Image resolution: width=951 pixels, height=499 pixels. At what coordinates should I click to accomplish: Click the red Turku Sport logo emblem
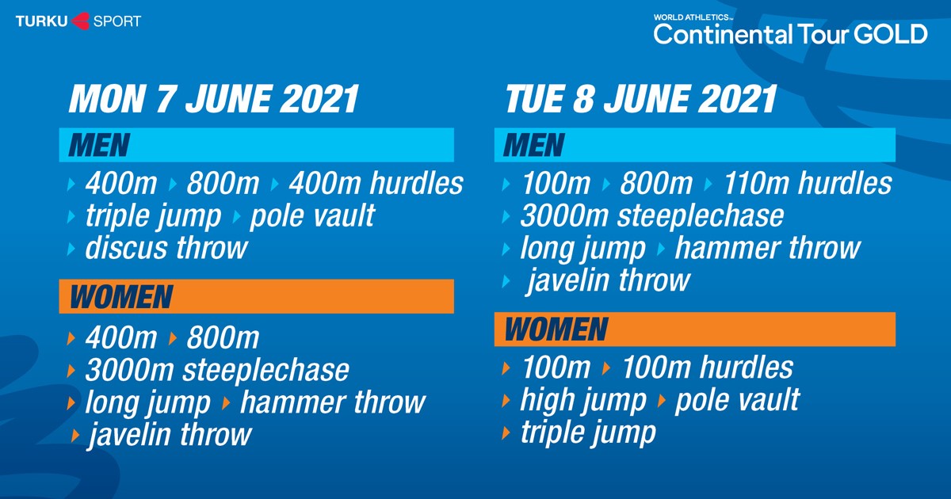click(81, 21)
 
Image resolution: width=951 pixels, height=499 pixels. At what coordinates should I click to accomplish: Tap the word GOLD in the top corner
click(890, 34)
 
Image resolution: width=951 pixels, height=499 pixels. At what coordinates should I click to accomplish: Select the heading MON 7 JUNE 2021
click(213, 99)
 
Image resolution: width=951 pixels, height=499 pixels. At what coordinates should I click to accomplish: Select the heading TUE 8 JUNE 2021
click(641, 99)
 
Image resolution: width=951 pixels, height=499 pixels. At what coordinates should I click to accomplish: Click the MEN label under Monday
click(99, 145)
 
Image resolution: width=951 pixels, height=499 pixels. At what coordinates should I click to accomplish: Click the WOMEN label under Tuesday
click(556, 329)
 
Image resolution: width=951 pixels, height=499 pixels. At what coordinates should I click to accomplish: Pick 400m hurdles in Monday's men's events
click(376, 183)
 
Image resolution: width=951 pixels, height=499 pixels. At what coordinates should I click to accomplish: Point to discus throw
click(166, 248)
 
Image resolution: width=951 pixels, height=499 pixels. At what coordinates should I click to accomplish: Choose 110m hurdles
click(808, 183)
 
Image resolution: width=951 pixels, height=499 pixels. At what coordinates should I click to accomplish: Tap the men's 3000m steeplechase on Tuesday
click(652, 216)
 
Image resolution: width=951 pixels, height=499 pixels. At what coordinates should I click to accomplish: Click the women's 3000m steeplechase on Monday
click(217, 370)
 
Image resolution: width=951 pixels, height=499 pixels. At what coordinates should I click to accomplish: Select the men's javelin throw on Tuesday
click(608, 280)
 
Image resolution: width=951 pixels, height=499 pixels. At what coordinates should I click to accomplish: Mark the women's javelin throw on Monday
click(170, 435)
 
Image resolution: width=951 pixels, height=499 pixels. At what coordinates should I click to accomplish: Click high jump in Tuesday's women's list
click(583, 400)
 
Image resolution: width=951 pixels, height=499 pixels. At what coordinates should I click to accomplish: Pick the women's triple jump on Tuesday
click(588, 432)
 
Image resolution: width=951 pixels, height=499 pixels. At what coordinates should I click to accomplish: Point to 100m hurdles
click(708, 368)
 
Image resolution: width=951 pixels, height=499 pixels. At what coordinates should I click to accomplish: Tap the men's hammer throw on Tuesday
click(768, 248)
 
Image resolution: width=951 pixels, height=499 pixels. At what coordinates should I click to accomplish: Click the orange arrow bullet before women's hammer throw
click(226, 402)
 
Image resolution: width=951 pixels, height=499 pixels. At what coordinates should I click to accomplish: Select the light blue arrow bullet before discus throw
click(71, 249)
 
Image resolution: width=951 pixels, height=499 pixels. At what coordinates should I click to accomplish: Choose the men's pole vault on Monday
click(312, 216)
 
